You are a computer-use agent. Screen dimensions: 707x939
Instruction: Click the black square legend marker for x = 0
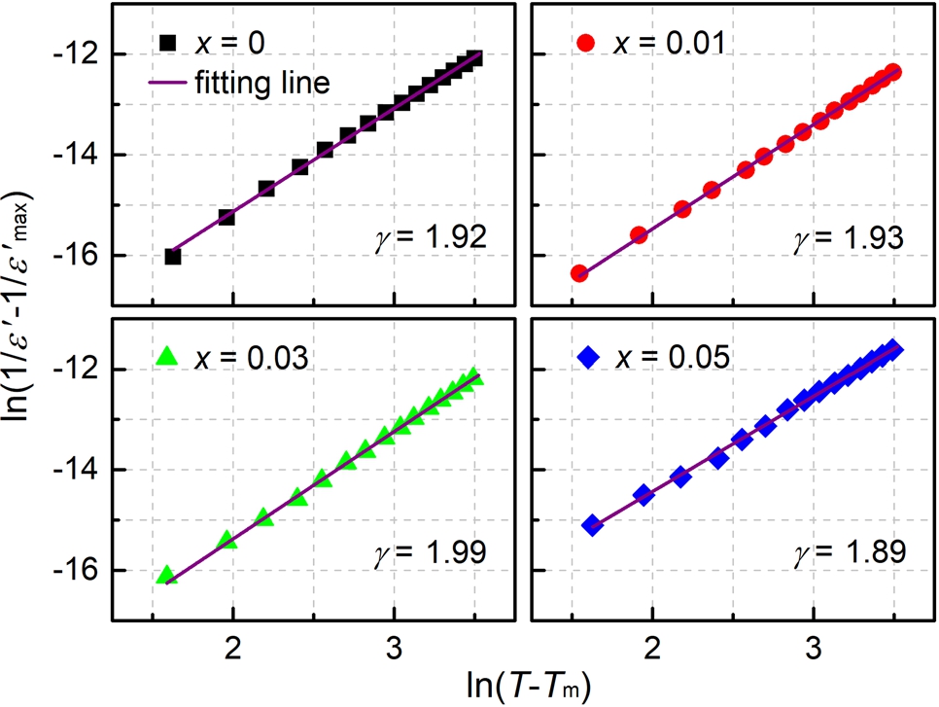[x=168, y=44]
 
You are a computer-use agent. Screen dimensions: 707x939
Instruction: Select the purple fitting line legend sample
[x=168, y=83]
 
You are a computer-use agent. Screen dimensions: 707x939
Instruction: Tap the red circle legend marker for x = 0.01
[x=586, y=44]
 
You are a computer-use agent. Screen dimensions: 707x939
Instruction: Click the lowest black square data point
[x=173, y=257]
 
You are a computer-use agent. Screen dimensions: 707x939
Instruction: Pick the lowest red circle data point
[x=578, y=273]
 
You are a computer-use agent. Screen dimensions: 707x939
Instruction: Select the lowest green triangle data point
[x=166, y=575]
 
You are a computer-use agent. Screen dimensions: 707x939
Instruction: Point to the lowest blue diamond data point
[x=591, y=525]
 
